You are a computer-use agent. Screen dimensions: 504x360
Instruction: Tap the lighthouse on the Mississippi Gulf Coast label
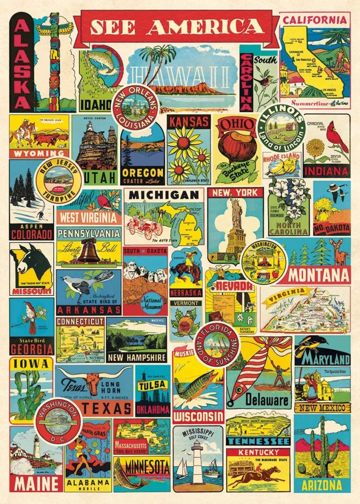click(x=197, y=460)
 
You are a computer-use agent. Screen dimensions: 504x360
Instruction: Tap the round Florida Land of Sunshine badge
click(x=217, y=345)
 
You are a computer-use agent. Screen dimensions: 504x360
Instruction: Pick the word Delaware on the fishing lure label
click(x=267, y=399)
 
